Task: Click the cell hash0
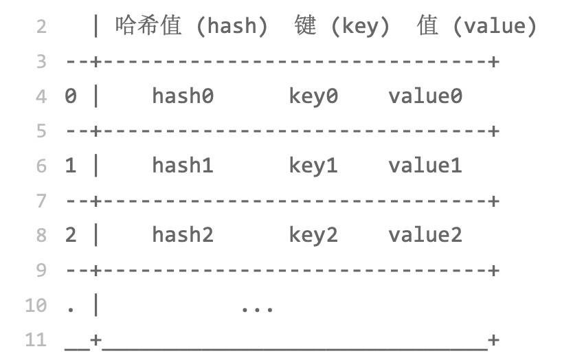tap(183, 96)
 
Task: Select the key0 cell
tap(313, 96)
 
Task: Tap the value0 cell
tap(425, 96)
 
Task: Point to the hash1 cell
tap(183, 166)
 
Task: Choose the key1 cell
tap(313, 166)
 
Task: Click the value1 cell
tap(425, 166)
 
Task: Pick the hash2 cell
tap(183, 235)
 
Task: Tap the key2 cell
tap(313, 235)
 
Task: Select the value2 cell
tap(425, 235)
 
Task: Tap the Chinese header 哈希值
tap(148, 26)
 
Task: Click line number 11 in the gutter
tap(36, 339)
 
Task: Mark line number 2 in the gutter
tap(41, 27)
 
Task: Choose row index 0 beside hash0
tap(71, 96)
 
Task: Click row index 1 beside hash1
tap(71, 166)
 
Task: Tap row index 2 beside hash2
tap(71, 235)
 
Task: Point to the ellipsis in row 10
tap(258, 307)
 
